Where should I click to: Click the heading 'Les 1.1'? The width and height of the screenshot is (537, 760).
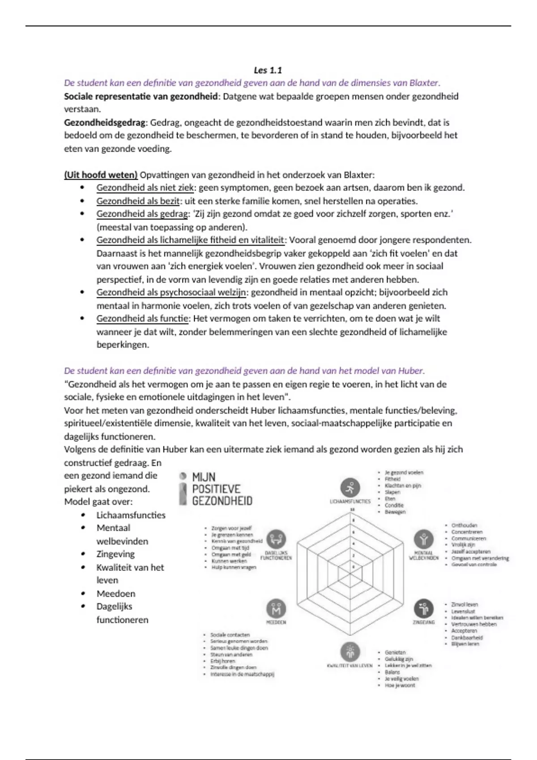(x=268, y=70)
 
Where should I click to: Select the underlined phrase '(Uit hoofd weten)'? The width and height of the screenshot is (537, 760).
(x=101, y=175)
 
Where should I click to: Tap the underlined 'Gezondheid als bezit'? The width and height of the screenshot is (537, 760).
(x=138, y=201)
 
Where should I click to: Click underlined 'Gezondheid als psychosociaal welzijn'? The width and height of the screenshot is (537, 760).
(x=171, y=292)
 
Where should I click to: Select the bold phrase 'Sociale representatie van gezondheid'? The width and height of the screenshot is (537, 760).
(x=141, y=97)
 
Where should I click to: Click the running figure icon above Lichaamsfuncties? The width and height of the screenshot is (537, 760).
(x=350, y=487)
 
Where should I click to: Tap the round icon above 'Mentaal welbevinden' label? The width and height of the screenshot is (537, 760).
(x=423, y=540)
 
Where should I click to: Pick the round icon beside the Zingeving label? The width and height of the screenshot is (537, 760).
(x=423, y=608)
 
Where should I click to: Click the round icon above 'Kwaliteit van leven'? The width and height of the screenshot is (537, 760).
(x=350, y=652)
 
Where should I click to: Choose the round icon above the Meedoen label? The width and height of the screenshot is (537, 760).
(x=276, y=608)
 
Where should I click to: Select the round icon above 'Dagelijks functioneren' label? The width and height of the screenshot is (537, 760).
(x=276, y=540)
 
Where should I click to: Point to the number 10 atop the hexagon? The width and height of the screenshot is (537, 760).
(x=353, y=510)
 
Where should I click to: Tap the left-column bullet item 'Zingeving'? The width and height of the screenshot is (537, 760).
(x=115, y=554)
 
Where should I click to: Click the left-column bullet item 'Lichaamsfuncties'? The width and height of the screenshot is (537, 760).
(x=131, y=515)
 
